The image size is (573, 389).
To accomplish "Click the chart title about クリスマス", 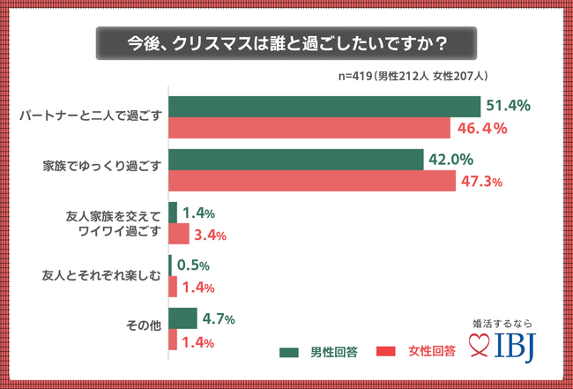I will click(x=286, y=41).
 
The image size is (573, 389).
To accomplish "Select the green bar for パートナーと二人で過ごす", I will click(x=324, y=106).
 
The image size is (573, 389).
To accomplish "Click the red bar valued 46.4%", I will click(x=309, y=128).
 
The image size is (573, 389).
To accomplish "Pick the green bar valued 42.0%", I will click(x=296, y=160).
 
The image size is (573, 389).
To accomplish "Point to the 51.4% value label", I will click(x=508, y=106).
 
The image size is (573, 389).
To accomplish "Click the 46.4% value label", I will click(x=481, y=129).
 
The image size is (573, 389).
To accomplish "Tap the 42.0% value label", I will click(x=452, y=160).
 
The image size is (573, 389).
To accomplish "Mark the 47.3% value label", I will click(x=480, y=183).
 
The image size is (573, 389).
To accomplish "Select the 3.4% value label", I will click(x=211, y=236).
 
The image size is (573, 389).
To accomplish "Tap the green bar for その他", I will click(x=182, y=318).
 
